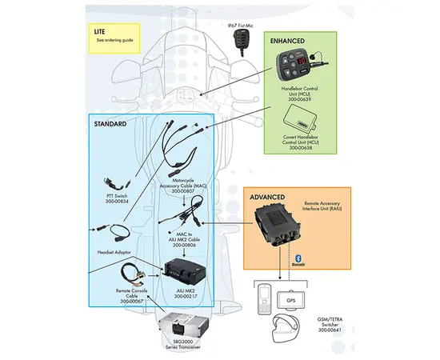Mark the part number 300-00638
coord(299,149)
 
